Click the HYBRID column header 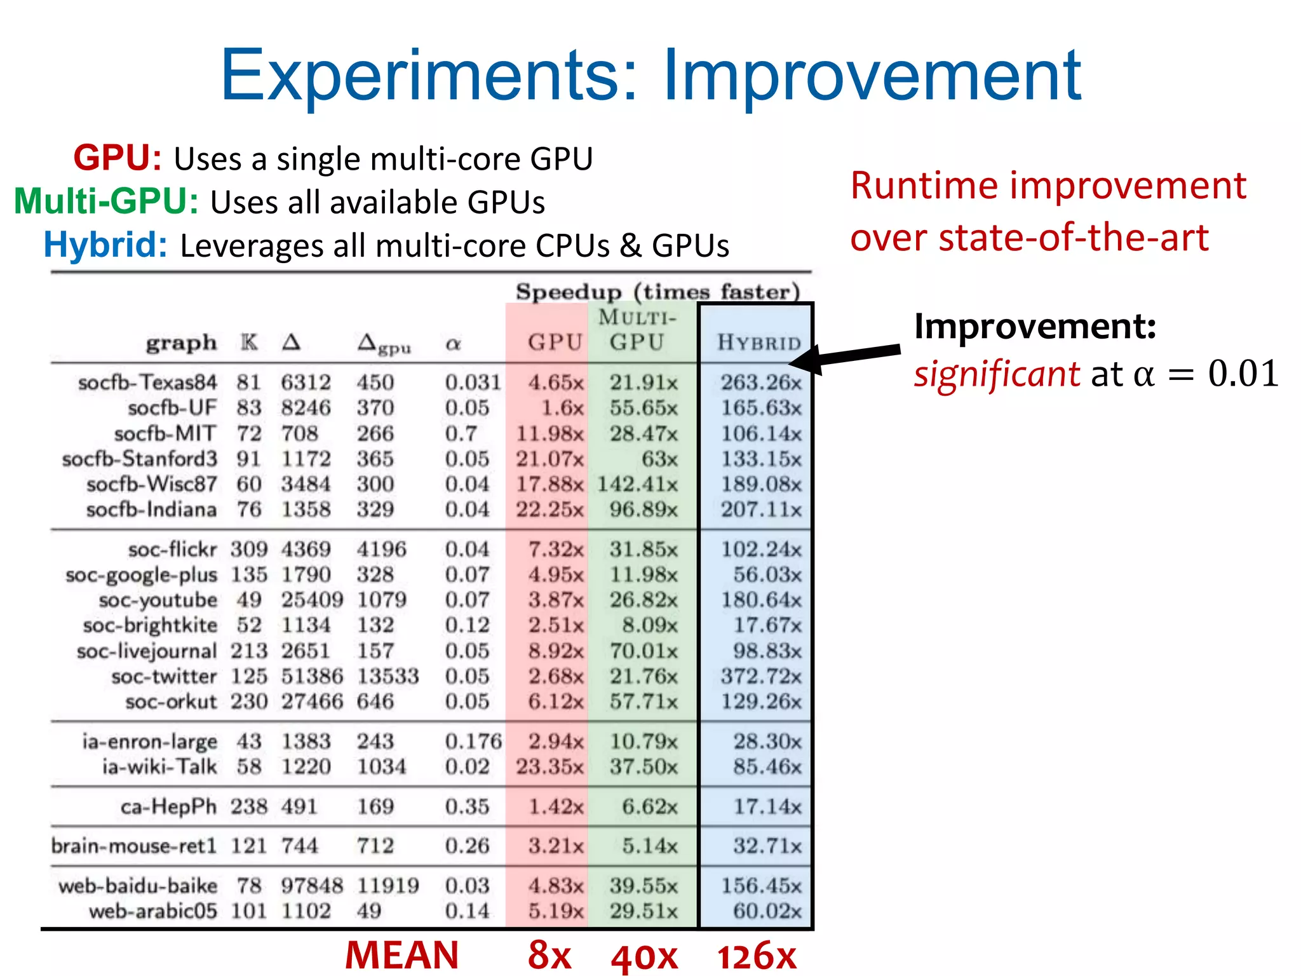[759, 342]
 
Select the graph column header [181, 342]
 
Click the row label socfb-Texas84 [147, 383]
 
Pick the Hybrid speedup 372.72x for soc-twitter [761, 676]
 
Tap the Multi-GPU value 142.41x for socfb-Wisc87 [637, 484]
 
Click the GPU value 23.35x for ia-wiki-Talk [549, 766]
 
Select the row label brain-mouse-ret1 [133, 846]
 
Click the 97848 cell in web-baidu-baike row [311, 886]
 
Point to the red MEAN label [401, 955]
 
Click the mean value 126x [757, 955]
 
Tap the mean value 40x [644, 956]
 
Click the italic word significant [997, 374]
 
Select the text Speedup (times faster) [657, 292]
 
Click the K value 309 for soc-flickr [248, 549]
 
